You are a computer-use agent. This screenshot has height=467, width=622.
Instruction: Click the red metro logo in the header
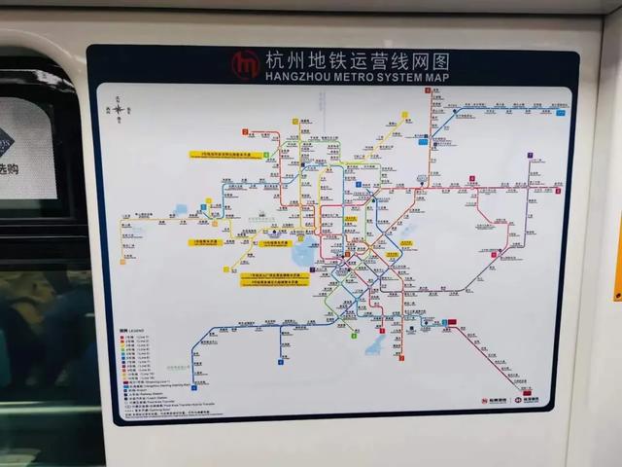(244, 64)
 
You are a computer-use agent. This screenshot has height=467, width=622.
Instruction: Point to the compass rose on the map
(120, 109)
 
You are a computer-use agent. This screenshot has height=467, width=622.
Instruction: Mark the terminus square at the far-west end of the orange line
(122, 260)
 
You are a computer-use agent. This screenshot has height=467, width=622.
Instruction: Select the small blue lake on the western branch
(182, 209)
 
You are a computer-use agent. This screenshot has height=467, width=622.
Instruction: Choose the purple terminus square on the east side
(530, 155)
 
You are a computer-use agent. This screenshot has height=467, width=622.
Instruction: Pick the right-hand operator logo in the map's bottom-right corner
(532, 400)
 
